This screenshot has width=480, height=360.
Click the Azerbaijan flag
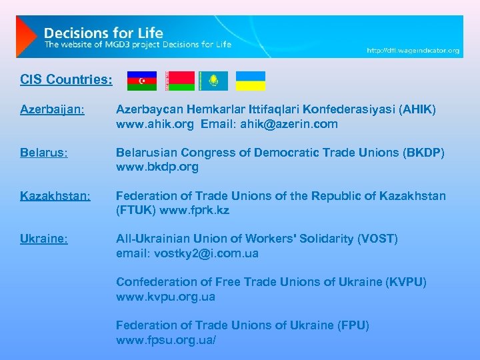click(x=141, y=81)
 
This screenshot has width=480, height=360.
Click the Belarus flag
click(x=180, y=81)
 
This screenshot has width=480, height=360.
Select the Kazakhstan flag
click(x=213, y=81)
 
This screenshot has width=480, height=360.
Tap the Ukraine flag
click(x=251, y=81)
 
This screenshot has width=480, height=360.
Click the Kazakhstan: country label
click(x=55, y=196)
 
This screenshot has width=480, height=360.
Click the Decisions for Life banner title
click(x=103, y=32)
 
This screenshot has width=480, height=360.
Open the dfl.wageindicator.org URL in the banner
click(x=413, y=50)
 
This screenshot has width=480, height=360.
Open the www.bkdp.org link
click(x=157, y=167)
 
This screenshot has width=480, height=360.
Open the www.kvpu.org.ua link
click(x=165, y=297)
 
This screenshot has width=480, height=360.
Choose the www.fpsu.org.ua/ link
click(x=166, y=341)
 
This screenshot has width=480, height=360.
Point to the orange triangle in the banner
click(x=25, y=37)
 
